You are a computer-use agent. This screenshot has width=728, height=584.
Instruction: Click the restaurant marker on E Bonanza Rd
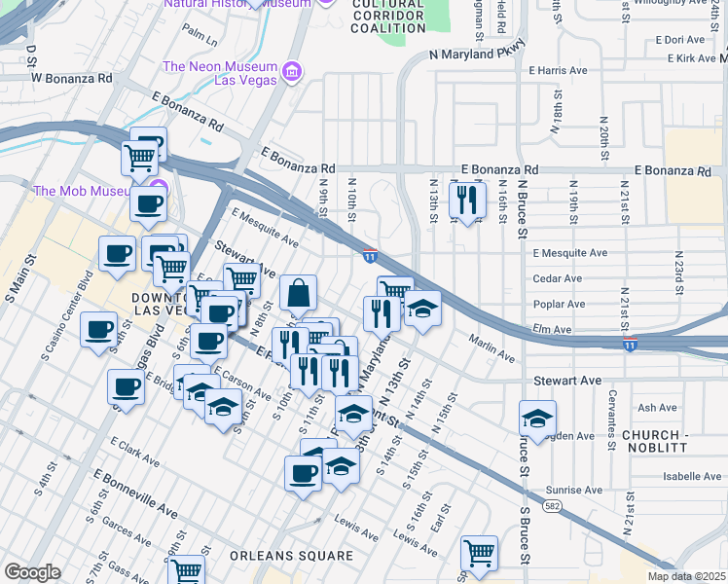pyautogui.click(x=467, y=200)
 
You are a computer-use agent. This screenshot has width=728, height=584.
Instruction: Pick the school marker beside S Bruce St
pyautogui.click(x=537, y=419)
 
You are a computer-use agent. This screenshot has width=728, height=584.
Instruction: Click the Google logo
pyautogui.click(x=32, y=572)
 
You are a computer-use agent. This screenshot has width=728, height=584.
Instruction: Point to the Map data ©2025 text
pyautogui.click(x=686, y=576)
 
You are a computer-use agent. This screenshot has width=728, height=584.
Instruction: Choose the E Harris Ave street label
pyautogui.click(x=559, y=71)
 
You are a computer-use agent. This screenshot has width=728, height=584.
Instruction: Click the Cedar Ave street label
pyautogui.click(x=557, y=278)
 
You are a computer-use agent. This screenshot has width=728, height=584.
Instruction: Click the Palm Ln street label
pyautogui.click(x=199, y=40)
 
